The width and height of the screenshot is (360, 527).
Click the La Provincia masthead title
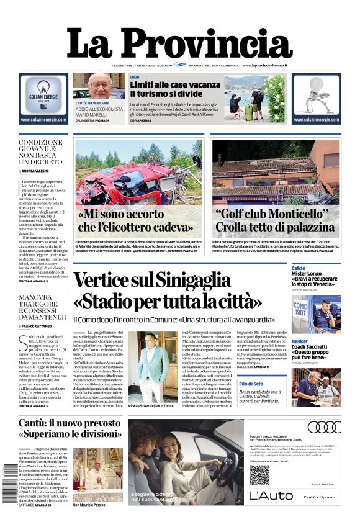point(179,44)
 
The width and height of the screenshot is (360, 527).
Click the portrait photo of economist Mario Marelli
point(99,86)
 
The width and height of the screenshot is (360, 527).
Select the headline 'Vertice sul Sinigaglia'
point(152,279)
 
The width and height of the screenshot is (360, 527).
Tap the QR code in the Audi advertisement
point(260,475)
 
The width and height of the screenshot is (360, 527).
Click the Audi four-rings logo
point(324,427)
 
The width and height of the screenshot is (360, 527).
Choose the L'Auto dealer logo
point(271,496)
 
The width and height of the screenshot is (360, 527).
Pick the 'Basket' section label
point(300,341)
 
